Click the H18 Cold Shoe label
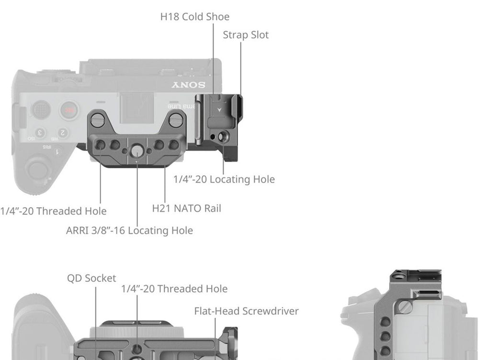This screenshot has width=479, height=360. [194, 17]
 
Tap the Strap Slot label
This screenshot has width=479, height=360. [246, 35]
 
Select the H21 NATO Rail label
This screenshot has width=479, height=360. [186, 209]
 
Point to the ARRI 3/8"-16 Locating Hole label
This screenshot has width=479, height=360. [129, 231]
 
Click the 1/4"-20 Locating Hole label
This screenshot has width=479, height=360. [224, 179]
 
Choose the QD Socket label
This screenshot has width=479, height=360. [91, 278]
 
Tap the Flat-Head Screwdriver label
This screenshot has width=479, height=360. [246, 311]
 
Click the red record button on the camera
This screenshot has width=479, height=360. [69, 110]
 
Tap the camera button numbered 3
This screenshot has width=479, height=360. [41, 133]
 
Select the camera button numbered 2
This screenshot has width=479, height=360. [62, 132]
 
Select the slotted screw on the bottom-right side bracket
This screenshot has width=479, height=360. [405, 307]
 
